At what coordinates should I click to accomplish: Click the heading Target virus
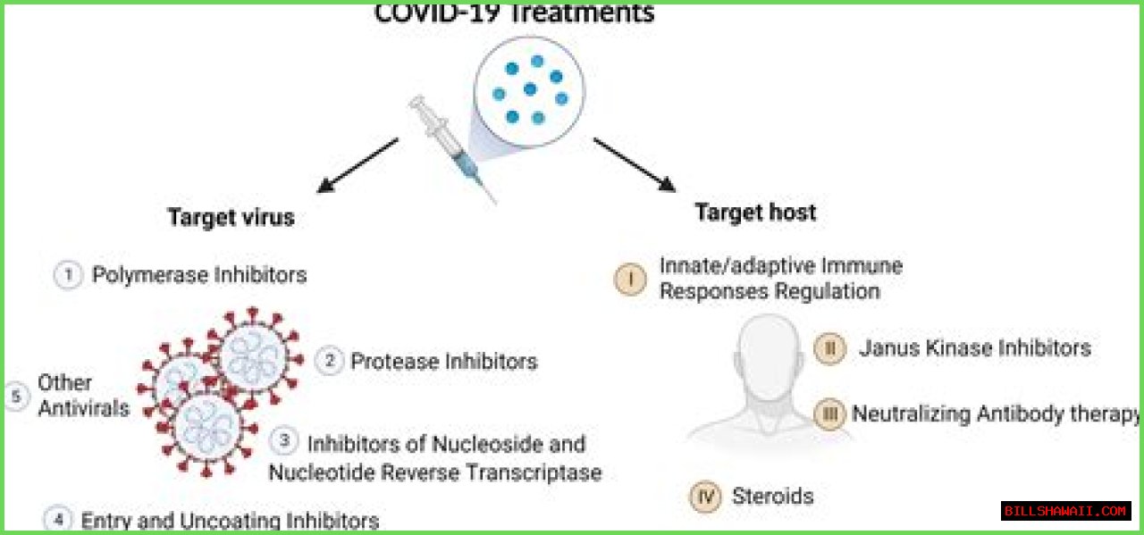pyautogui.click(x=231, y=218)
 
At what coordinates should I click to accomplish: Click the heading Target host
pyautogui.click(x=755, y=213)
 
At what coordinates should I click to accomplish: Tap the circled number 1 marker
pyautogui.click(x=67, y=275)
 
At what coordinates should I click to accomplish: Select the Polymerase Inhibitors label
pyautogui.click(x=199, y=274)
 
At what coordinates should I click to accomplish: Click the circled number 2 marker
pyautogui.click(x=329, y=361)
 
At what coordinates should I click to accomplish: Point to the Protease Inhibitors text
pyautogui.click(x=443, y=362)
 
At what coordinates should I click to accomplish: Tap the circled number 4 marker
pyautogui.click(x=56, y=519)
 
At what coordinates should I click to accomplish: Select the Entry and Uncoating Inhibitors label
pyautogui.click(x=230, y=521)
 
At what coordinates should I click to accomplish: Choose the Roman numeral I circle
pyautogui.click(x=630, y=279)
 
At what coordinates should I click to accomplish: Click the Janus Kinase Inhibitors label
pyautogui.click(x=974, y=347)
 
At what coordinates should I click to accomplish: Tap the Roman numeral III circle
pyautogui.click(x=829, y=414)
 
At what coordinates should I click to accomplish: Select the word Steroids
pyautogui.click(x=772, y=496)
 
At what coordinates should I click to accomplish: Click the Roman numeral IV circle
pyautogui.click(x=705, y=497)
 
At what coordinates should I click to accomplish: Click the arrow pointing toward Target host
pyautogui.click(x=634, y=163)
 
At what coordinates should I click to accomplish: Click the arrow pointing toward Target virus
pyautogui.click(x=357, y=165)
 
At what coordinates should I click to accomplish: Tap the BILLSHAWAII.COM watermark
pyautogui.click(x=1065, y=511)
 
